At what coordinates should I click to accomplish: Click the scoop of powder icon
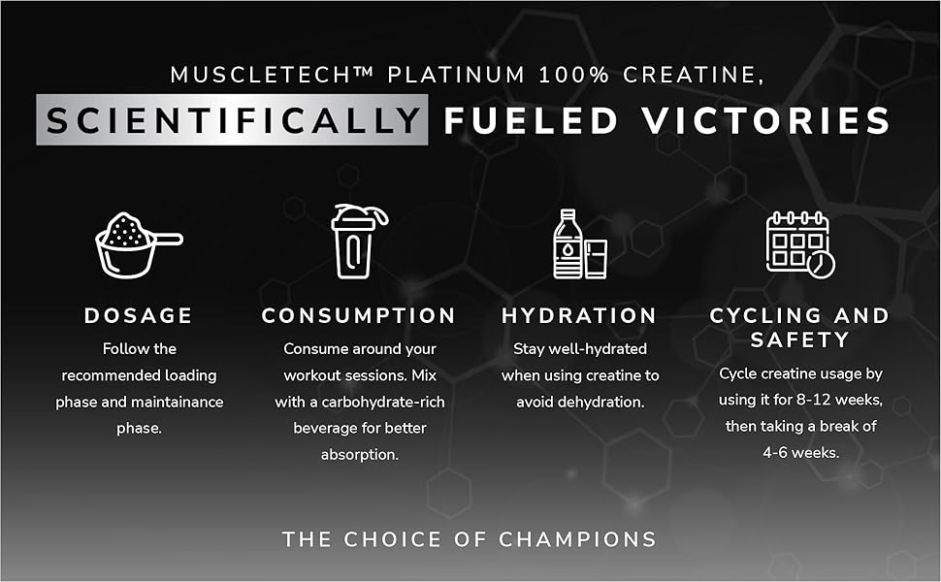(x=138, y=244)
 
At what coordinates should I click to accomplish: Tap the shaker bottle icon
(x=359, y=242)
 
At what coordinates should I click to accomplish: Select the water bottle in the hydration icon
(x=568, y=243)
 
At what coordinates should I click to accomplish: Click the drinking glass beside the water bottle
(x=596, y=259)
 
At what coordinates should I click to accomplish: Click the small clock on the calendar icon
(x=821, y=264)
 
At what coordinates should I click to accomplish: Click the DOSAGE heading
(x=139, y=315)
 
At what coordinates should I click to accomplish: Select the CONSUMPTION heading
(x=359, y=315)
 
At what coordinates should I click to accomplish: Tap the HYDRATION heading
(x=579, y=315)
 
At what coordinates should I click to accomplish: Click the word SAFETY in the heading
(x=800, y=340)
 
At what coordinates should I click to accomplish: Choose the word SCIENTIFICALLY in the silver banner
(x=233, y=120)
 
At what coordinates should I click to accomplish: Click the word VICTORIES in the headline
(x=765, y=120)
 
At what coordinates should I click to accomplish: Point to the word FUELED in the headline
(x=531, y=120)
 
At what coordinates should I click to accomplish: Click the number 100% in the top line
(x=573, y=75)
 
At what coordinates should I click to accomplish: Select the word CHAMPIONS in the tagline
(x=577, y=539)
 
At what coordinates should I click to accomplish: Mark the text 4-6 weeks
(x=800, y=452)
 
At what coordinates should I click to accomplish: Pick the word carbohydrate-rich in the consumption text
(x=383, y=402)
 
